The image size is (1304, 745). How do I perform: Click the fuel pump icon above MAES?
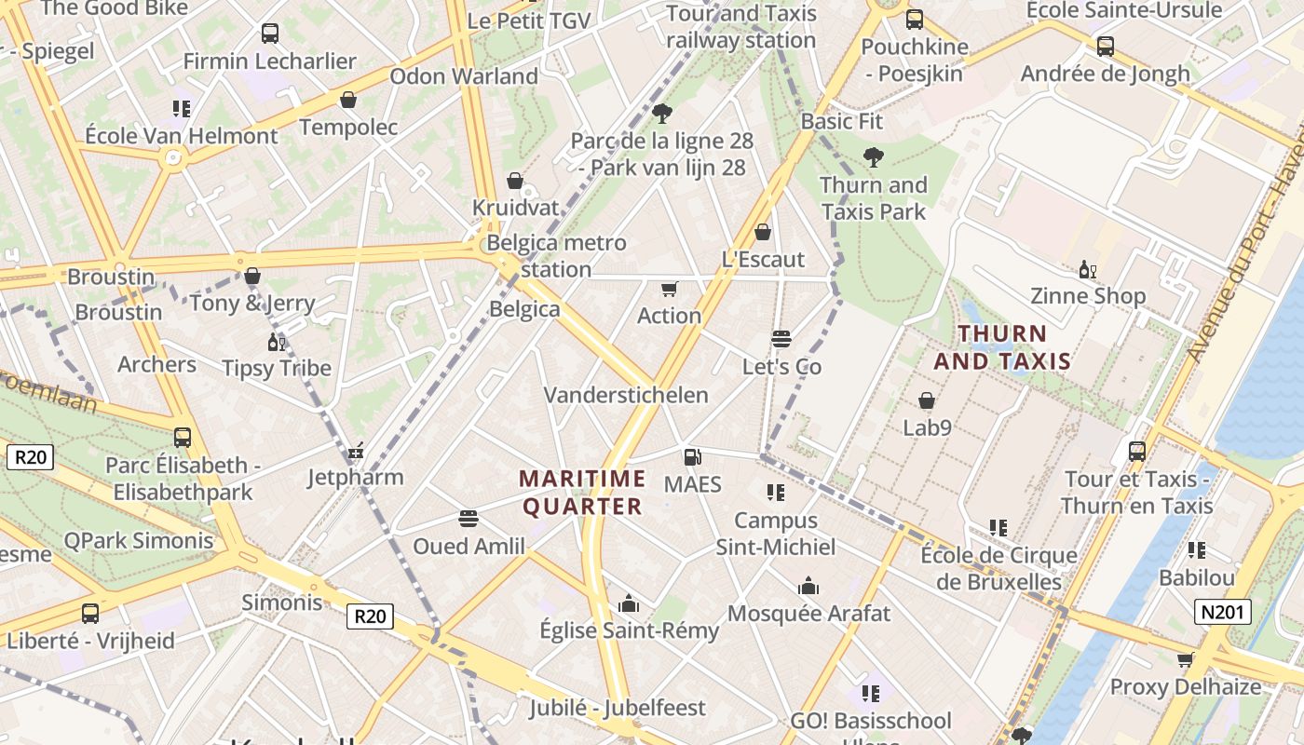pos(692,456)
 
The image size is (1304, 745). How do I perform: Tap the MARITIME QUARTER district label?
pos(582,493)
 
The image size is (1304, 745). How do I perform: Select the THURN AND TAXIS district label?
pos(1002,346)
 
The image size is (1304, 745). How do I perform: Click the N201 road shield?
pos(1223,612)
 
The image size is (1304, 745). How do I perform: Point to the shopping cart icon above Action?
pos(669,289)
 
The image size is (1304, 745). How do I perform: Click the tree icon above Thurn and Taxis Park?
pos(873,156)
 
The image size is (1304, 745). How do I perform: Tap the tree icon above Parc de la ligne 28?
pos(662,114)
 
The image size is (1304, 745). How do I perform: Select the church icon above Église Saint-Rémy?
pos(629,603)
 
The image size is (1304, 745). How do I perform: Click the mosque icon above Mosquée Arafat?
pos(808,586)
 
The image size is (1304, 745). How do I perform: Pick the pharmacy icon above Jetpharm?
pos(355,452)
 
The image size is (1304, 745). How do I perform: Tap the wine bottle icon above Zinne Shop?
pos(1086,269)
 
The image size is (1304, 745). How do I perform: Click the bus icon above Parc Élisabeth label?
pos(183,437)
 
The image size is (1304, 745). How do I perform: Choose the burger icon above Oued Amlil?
pos(469,519)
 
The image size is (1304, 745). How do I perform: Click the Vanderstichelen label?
pos(626,395)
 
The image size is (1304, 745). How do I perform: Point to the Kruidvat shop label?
pos(515,207)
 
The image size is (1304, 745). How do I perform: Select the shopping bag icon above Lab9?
pos(927,400)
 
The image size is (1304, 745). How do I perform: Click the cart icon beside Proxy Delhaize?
pos(1185,659)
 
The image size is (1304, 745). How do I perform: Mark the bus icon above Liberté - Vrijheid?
pos(90,614)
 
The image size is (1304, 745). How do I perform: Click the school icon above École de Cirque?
pos(998,528)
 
